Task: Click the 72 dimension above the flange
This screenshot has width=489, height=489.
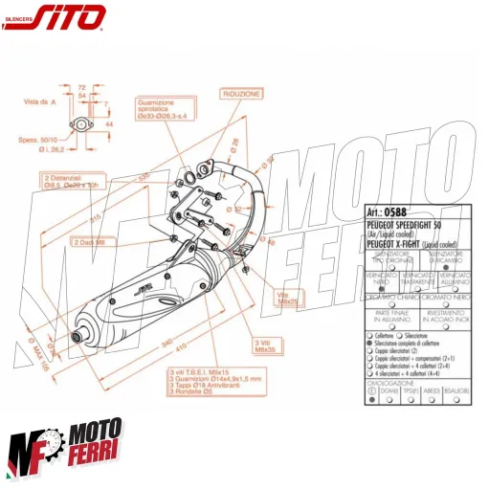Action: pyautogui.click(x=83, y=87)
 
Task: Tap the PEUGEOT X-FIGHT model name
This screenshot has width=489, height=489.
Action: pyautogui.click(x=401, y=243)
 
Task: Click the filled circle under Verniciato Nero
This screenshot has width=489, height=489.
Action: pyautogui.click(x=382, y=288)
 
